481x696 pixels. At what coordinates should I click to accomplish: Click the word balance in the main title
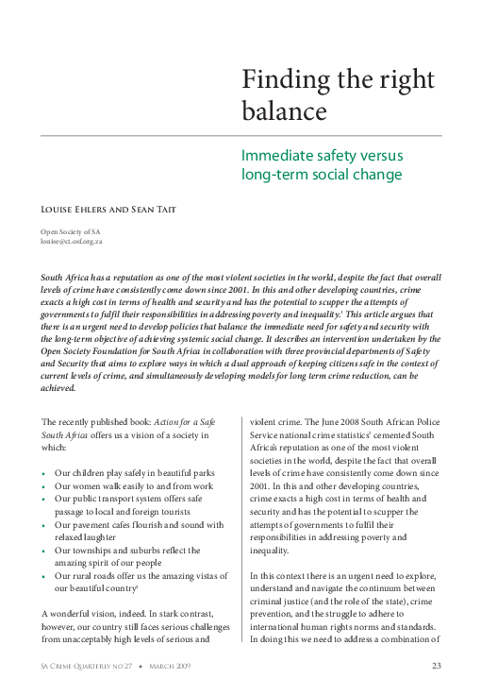click(x=284, y=111)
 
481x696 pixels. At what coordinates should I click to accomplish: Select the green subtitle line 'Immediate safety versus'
click(x=322, y=154)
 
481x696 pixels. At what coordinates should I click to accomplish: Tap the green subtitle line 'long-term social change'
click(x=322, y=175)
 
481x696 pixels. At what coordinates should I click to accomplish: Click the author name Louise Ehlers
click(x=81, y=205)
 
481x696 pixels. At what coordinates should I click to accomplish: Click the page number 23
click(x=437, y=668)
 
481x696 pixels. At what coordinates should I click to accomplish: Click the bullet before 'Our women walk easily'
click(x=44, y=485)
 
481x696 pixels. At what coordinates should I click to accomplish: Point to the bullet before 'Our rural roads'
click(x=44, y=575)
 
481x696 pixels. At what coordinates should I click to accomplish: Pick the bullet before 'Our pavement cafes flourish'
click(x=44, y=524)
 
